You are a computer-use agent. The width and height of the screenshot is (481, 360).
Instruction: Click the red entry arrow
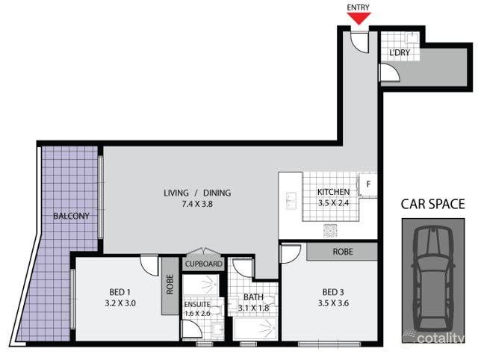click(x=359, y=19)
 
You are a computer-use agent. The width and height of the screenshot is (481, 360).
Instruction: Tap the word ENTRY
click(x=359, y=7)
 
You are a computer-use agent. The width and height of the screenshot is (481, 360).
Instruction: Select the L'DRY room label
click(x=400, y=52)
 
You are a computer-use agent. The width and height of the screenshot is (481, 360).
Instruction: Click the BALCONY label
click(x=71, y=217)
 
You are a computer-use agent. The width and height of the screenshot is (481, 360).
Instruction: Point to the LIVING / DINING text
click(x=197, y=193)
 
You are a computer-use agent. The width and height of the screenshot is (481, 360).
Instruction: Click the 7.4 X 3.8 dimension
click(x=197, y=204)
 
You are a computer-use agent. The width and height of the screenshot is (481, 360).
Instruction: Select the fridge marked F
click(x=368, y=183)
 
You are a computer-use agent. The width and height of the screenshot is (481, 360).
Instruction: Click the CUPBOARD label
click(x=204, y=264)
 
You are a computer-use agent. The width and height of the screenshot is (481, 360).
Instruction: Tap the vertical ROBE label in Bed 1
click(x=170, y=287)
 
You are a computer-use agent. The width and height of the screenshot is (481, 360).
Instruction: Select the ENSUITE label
click(x=198, y=305)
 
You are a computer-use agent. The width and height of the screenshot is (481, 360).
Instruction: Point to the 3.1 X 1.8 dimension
click(x=253, y=308)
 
